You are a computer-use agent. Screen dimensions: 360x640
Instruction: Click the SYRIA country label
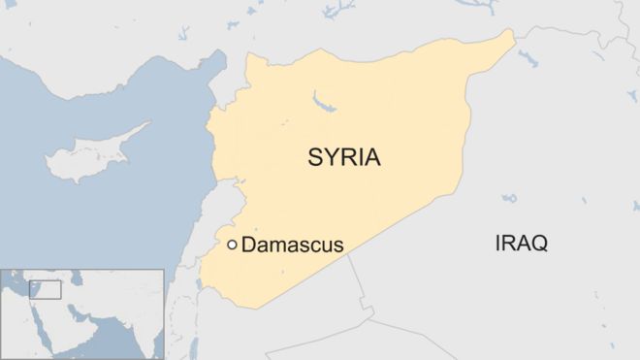344,158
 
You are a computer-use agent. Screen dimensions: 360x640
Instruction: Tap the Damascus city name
292,245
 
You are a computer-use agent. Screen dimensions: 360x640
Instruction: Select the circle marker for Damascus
232,245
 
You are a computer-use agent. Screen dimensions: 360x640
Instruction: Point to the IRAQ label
521,243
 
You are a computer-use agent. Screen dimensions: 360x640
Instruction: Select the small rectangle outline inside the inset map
46,289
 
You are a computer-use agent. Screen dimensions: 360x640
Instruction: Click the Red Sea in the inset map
46,320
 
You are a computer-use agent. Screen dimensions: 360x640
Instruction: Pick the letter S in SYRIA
315,158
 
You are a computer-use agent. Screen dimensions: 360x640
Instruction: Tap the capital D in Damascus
247,245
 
